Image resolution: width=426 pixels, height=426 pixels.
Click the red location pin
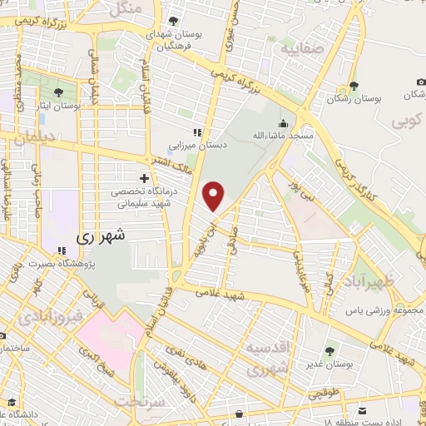coord(215,196)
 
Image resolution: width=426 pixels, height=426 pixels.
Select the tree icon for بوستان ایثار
coord(58,93)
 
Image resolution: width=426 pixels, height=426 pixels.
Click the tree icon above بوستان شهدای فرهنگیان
coord(173,21)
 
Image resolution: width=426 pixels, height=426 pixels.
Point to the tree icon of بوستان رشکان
coord(354,86)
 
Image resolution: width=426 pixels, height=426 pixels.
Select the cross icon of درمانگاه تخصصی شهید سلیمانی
coord(145,178)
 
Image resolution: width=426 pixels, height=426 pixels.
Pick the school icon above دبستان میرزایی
coord(197,132)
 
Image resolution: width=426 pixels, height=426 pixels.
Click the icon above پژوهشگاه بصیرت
coord(62,250)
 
